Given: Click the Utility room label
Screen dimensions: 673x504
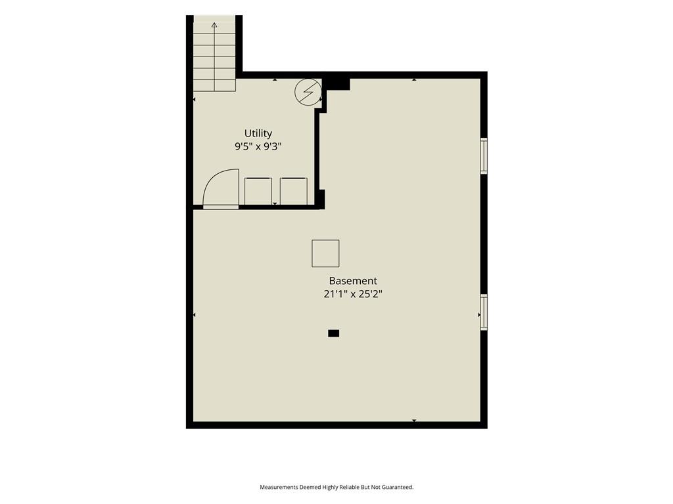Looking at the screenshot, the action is coord(258,134).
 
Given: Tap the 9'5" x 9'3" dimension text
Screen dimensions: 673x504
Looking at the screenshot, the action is coord(258,146).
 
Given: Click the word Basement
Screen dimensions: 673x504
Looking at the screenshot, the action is coord(353,281).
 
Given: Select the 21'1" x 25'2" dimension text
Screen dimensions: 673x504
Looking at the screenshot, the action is coord(353,294).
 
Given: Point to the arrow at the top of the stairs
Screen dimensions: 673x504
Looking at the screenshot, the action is coord(214,25).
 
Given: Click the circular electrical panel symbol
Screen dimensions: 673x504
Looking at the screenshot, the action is coord(308,92).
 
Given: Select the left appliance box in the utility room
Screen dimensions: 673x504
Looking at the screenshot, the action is coord(258,191).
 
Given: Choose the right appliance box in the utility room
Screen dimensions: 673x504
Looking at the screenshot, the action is coord(294,191).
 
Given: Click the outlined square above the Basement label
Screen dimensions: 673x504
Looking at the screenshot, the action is coord(325,253).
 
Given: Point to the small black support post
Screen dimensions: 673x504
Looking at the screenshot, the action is coord(333,333).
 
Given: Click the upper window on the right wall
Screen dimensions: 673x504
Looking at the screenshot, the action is coord(484,156).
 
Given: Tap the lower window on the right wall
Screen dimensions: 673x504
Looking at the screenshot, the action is coord(484,312).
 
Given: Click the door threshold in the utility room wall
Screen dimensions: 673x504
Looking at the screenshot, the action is coord(221,207).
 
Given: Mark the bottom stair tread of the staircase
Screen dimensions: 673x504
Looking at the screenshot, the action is coord(214,85).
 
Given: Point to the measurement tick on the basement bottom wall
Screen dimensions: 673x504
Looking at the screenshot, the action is coord(414,421).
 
